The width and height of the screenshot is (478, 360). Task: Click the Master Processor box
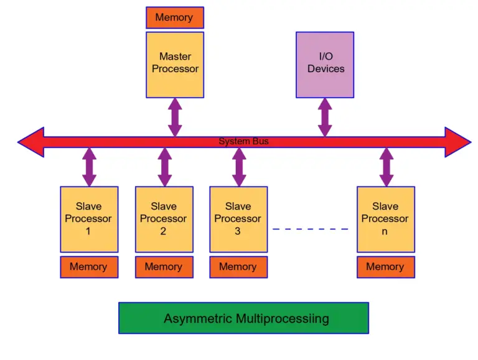[x=175, y=65]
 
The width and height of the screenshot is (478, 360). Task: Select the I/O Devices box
[x=325, y=65]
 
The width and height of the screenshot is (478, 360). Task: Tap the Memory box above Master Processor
[x=175, y=17]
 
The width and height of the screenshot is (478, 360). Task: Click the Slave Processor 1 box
[x=89, y=219]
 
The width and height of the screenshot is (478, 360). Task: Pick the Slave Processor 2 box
[x=164, y=219]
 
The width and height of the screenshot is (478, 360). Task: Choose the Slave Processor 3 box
[x=238, y=219]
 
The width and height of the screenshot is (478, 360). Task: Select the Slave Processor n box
[x=385, y=219]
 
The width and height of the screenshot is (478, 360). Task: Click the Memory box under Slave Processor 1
[x=89, y=267]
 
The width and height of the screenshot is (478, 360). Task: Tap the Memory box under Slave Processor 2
[x=164, y=267]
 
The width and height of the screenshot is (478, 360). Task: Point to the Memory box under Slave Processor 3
[x=238, y=267]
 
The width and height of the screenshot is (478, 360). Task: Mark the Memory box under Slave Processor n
[x=385, y=267]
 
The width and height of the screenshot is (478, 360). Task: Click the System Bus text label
[x=243, y=142]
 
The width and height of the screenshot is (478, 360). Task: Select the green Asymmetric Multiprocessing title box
[x=243, y=318]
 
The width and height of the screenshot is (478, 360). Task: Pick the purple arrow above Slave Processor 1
[x=90, y=167]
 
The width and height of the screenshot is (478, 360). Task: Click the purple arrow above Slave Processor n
[x=386, y=167]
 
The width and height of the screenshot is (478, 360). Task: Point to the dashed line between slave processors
[x=311, y=229]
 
